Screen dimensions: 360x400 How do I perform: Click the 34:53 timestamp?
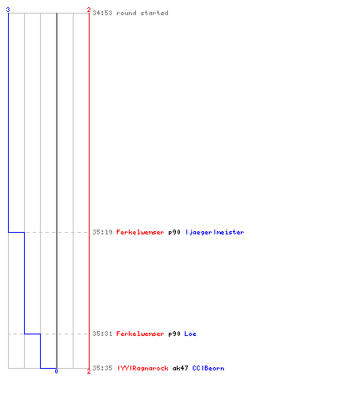click(102, 13)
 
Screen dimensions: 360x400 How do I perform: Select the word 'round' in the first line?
click(126, 13)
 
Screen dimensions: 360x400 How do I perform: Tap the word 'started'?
click(154, 13)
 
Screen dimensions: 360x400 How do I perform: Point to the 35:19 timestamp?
click(102, 232)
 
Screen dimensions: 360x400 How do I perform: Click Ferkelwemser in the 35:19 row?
click(140, 232)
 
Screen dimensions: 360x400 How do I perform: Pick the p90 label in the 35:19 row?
click(174, 232)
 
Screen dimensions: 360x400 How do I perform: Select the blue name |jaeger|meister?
click(214, 232)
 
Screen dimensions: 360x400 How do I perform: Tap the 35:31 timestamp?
click(102, 334)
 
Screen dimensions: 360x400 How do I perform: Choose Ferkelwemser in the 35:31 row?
click(140, 334)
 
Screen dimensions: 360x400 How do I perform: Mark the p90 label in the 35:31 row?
click(174, 334)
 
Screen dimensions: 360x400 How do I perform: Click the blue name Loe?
click(190, 334)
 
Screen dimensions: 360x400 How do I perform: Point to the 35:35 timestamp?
click(102, 368)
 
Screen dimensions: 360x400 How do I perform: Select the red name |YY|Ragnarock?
click(143, 368)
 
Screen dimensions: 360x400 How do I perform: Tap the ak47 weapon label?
click(180, 368)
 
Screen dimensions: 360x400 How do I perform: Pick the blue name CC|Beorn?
click(208, 368)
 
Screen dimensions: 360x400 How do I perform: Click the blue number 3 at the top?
click(8, 10)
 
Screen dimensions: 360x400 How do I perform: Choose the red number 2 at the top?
click(89, 10)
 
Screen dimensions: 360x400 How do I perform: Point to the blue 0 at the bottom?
click(56, 371)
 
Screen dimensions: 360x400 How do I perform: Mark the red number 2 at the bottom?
click(89, 371)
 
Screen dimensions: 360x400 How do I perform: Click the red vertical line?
click(89, 190)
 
